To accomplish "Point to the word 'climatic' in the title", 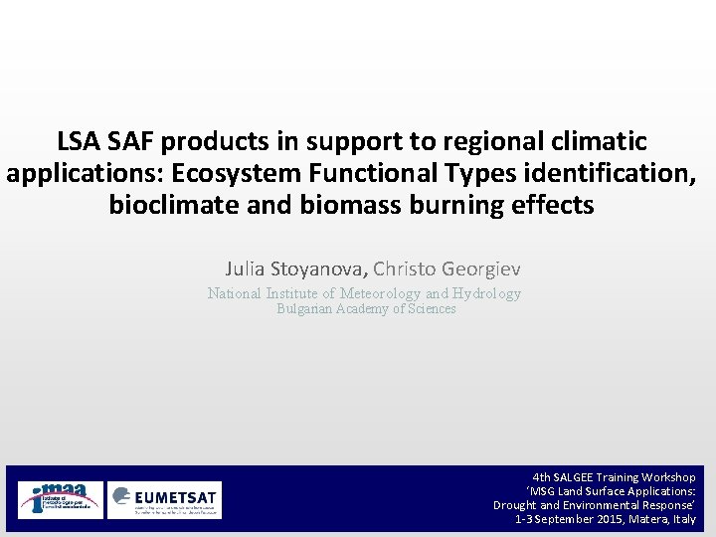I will click(x=597, y=141).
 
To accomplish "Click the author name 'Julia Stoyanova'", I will click(x=296, y=268).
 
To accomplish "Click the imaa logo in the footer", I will click(x=60, y=499).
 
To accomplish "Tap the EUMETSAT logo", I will click(x=165, y=499).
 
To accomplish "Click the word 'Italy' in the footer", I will click(x=684, y=519).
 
